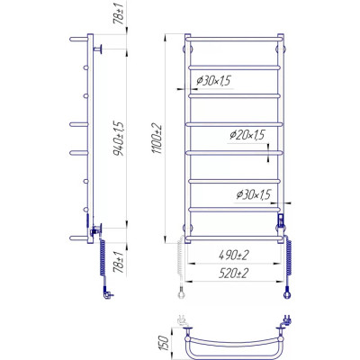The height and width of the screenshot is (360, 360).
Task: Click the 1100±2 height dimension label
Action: pos(158,139)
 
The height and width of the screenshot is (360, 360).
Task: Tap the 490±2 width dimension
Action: pos(234,256)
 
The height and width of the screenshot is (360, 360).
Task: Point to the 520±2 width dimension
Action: pos(234,274)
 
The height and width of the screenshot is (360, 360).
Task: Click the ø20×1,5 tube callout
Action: pos(247,135)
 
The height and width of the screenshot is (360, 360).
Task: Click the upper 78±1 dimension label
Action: pos(119,14)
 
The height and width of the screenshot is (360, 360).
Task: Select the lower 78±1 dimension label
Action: pos(119,262)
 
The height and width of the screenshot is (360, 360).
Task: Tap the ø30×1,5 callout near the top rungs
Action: pos(213,80)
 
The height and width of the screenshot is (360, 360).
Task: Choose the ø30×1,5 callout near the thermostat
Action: pos(254,194)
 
